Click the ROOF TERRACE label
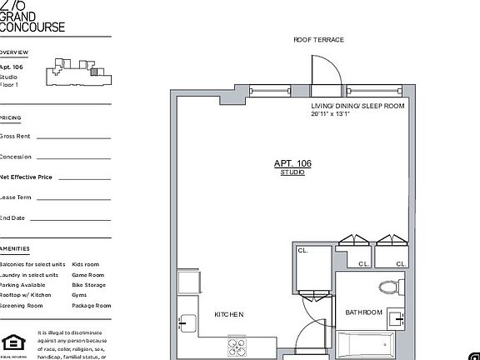point(318,40)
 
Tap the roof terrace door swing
point(325,72)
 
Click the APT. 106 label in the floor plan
point(292,163)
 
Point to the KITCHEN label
point(229,314)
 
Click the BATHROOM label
point(364,312)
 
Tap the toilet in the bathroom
point(389,287)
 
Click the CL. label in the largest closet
point(302,248)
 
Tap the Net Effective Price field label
point(27,177)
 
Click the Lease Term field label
point(16,197)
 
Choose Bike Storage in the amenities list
point(89,285)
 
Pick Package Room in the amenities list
point(91,305)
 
